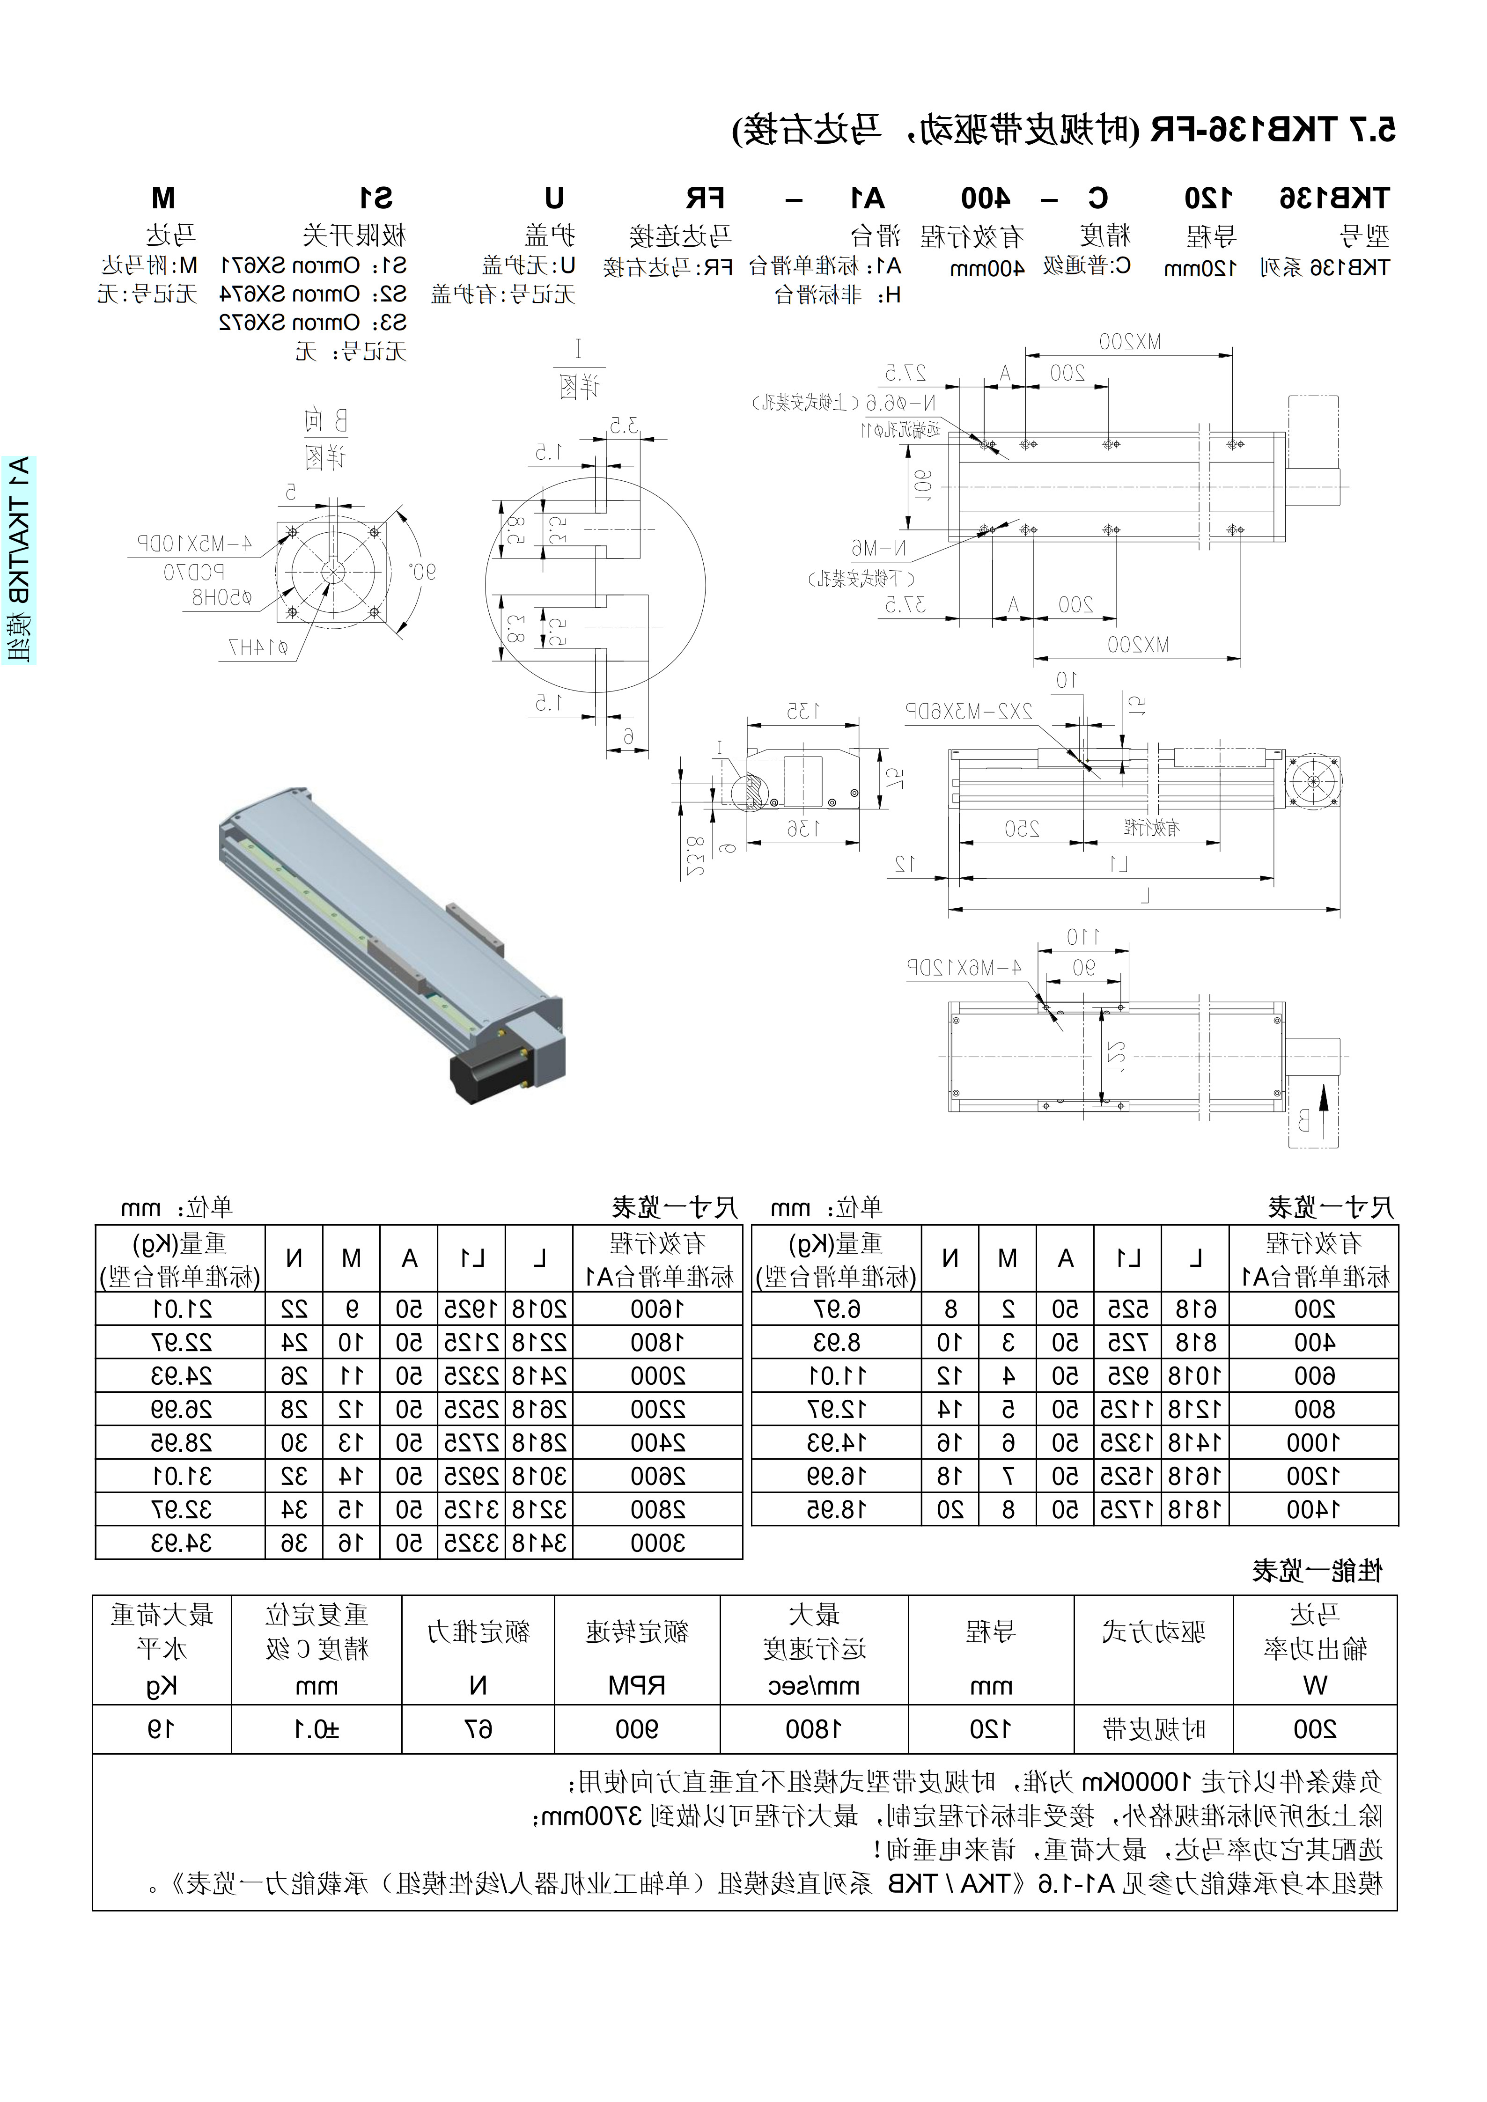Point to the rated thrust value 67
[x=478, y=1729]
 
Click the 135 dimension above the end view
[x=803, y=711]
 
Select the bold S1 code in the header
[x=375, y=198]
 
